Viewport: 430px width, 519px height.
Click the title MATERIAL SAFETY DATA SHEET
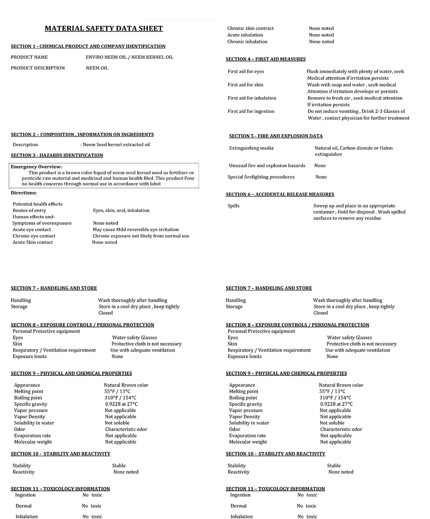point(104,29)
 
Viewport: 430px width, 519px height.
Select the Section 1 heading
point(88,46)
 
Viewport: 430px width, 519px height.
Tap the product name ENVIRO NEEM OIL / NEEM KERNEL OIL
point(129,57)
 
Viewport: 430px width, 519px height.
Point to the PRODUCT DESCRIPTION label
point(38,68)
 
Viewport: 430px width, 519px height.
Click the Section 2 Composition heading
point(82,135)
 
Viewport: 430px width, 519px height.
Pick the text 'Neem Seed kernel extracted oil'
point(116,145)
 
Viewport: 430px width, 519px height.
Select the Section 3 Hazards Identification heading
point(57,155)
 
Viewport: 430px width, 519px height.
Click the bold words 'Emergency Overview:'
point(36,167)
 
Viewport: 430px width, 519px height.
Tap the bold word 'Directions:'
point(24,193)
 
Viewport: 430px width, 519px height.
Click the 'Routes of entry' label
point(29,211)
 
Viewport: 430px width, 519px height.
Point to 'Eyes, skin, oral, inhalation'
point(121,211)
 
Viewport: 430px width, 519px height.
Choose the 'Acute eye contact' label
point(32,230)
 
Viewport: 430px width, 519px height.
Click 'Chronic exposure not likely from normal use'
point(141,236)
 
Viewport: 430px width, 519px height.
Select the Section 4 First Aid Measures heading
point(266,59)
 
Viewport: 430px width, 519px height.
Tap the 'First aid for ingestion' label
point(251,112)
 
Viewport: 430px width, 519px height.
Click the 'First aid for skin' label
point(245,85)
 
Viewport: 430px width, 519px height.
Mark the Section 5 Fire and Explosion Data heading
point(276,136)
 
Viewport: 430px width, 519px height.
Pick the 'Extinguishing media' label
point(251,148)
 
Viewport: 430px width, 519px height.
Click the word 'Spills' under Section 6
point(233,206)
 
